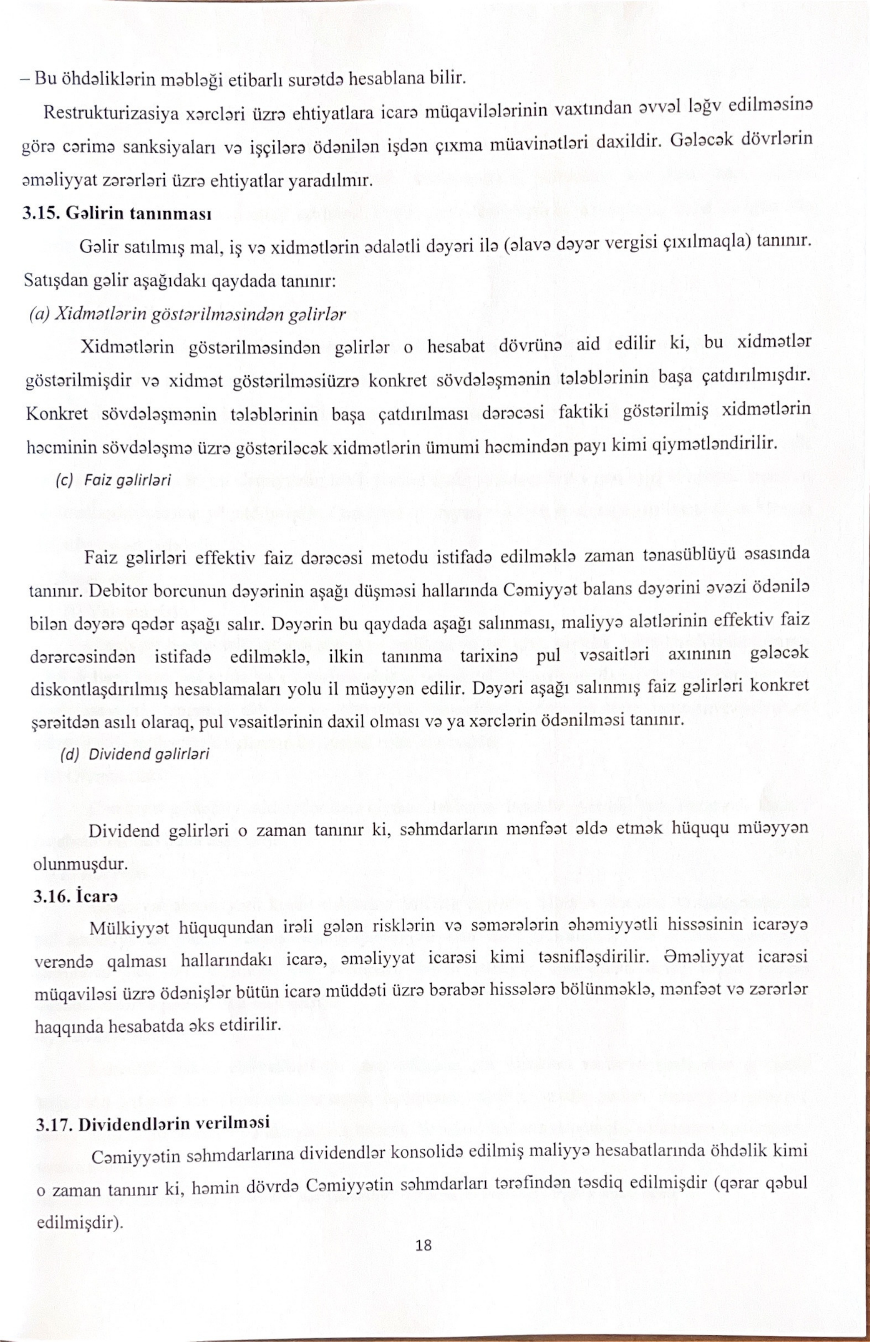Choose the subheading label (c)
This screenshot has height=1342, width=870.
[x=65, y=480]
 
